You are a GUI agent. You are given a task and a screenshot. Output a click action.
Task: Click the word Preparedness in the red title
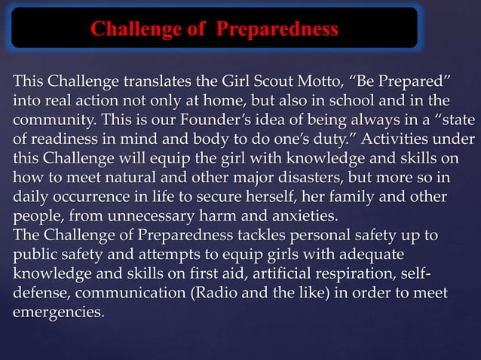(277, 29)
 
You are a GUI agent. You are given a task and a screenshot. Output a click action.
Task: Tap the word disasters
(337, 178)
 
